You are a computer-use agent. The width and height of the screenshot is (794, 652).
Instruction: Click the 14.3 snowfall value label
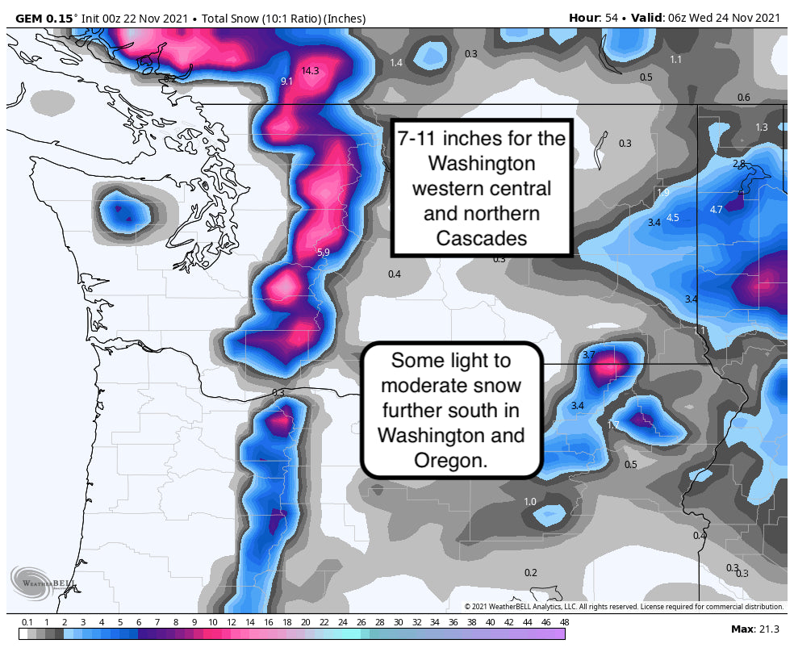click(x=311, y=71)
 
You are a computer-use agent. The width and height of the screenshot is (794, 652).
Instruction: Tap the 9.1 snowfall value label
click(x=286, y=81)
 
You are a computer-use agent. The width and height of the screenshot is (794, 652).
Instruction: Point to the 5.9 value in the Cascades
click(x=323, y=253)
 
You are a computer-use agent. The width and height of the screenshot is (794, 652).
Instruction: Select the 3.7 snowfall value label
click(x=588, y=354)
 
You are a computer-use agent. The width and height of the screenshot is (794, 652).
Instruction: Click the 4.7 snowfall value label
click(x=716, y=210)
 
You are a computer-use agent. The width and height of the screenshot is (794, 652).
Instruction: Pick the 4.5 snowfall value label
click(x=673, y=218)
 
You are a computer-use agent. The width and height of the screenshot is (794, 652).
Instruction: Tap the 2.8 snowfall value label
click(x=738, y=164)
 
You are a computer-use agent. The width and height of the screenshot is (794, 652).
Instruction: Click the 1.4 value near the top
click(x=395, y=63)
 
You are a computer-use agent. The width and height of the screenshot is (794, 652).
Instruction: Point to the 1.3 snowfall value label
click(x=762, y=127)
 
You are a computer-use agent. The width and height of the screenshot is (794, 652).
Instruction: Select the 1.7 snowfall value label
click(x=612, y=425)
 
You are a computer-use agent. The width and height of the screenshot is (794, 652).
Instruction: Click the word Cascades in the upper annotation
click(x=482, y=239)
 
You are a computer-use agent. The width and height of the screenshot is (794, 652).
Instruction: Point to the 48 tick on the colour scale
click(x=564, y=622)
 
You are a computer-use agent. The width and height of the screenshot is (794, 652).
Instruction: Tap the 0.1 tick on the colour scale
click(x=27, y=622)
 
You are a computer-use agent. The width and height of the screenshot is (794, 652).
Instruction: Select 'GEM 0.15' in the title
click(x=46, y=18)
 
